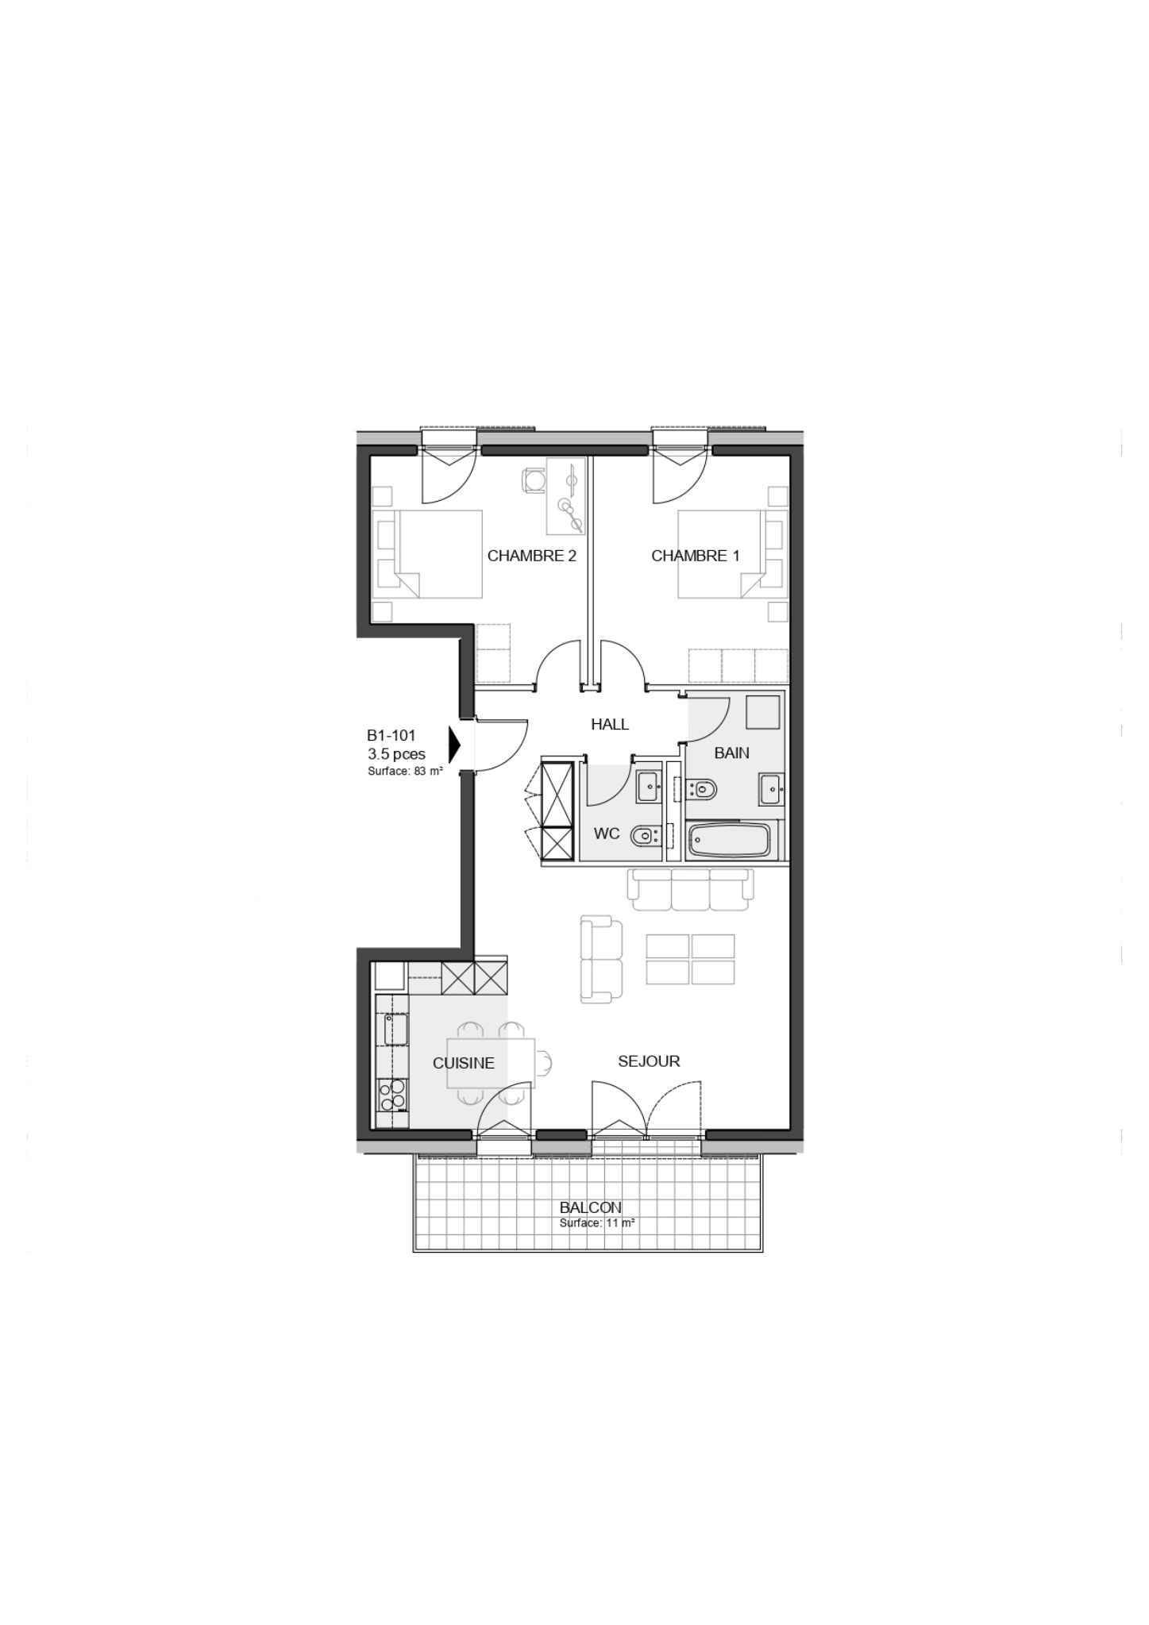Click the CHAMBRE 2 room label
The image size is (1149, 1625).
531,556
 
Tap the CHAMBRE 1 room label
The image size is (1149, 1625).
695,556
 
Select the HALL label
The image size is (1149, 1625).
610,724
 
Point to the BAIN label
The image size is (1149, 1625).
731,753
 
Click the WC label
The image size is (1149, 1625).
607,834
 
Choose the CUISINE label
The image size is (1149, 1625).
463,1063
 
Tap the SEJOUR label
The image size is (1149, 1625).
649,1061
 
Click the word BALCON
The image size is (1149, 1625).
590,1207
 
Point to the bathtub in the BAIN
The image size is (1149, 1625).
729,841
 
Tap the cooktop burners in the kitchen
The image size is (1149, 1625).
391,1095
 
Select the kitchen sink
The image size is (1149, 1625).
396,1030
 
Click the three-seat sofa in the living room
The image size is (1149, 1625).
690,889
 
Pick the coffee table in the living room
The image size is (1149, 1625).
690,959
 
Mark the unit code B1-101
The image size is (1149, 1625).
391,736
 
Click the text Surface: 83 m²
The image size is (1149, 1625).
405,771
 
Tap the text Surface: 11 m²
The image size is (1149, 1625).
596,1223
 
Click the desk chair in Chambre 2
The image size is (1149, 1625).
533,479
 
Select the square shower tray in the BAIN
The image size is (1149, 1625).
763,712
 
